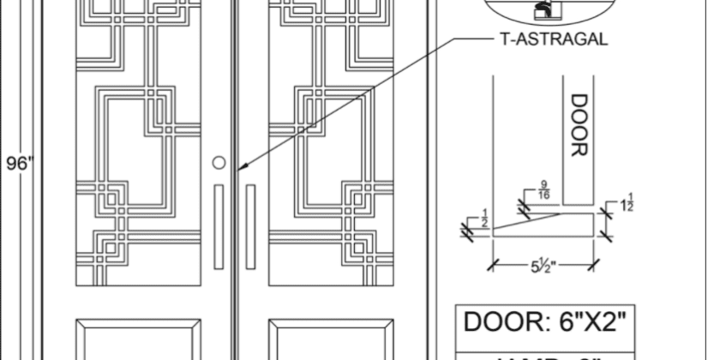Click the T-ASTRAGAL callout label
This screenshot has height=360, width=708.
coord(553,39)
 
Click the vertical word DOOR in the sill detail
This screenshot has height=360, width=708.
coord(580,125)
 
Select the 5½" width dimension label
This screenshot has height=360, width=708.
coord(543,267)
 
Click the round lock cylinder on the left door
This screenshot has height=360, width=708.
coord(219,162)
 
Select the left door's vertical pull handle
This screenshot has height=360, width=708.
coord(219,225)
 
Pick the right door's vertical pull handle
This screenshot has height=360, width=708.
coord(250,225)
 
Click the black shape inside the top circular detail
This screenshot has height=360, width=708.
coord(543,11)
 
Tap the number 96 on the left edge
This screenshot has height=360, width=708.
coord(15,163)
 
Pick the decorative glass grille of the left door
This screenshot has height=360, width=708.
coord(140,146)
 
